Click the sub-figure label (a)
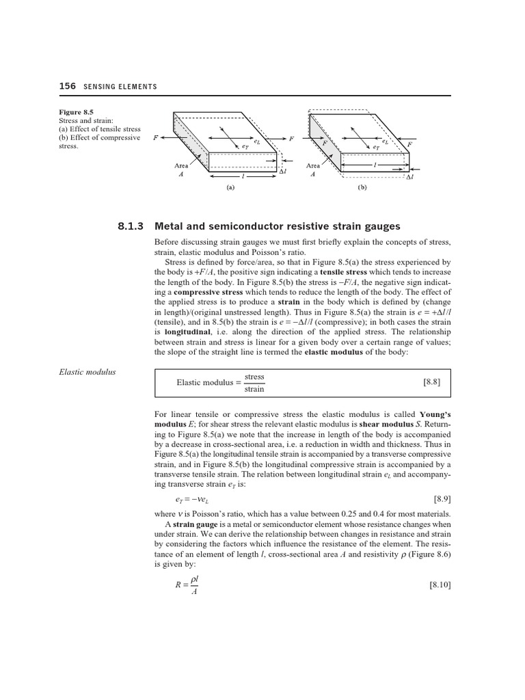coord(230,192)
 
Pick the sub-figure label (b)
coord(362,192)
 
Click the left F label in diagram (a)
coord(155,137)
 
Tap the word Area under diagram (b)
coord(313,165)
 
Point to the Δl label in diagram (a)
coord(282,172)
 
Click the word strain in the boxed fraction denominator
coord(254,389)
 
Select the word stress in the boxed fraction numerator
coord(254,377)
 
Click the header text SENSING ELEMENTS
coord(120,87)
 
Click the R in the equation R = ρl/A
coord(178,585)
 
